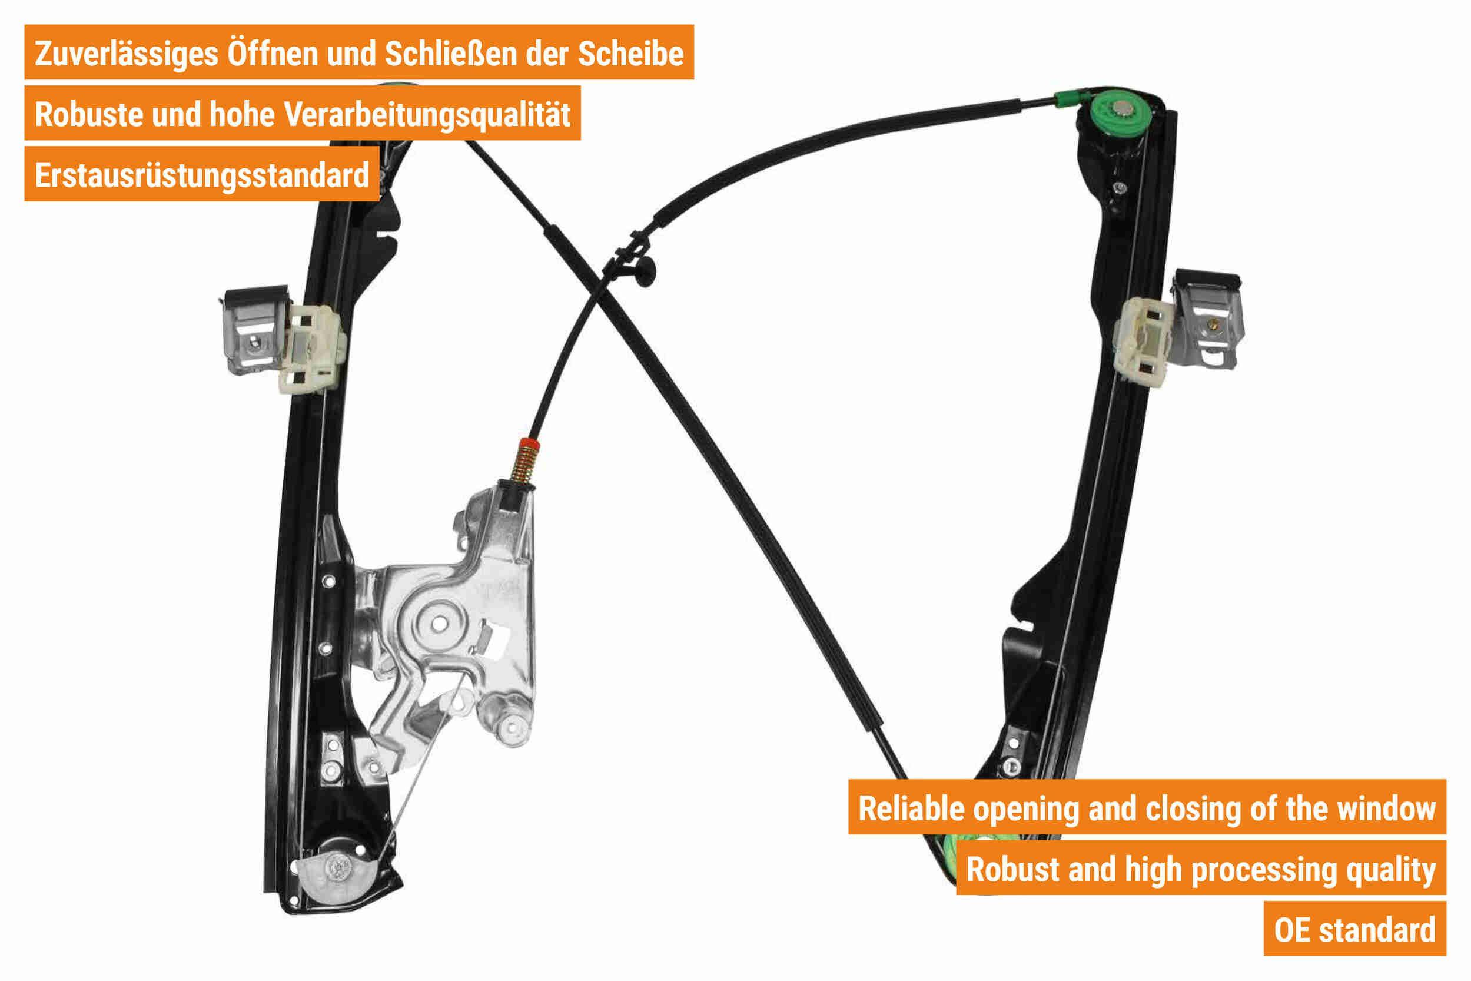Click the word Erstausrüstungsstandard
click(202, 175)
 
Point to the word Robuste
click(89, 114)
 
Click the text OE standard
click(1354, 930)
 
